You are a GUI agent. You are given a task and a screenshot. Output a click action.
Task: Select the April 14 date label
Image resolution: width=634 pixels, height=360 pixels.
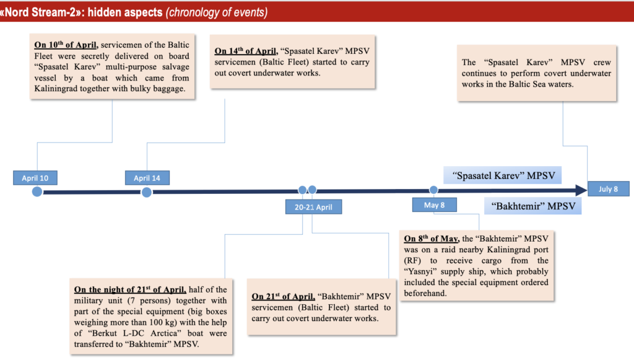click(x=147, y=178)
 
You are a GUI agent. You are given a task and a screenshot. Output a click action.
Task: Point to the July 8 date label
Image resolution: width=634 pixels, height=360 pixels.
click(x=608, y=189)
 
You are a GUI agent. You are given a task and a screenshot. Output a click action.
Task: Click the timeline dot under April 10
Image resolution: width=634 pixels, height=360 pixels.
click(x=37, y=192)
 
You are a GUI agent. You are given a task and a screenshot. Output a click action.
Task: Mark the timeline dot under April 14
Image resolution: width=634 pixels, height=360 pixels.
click(x=147, y=192)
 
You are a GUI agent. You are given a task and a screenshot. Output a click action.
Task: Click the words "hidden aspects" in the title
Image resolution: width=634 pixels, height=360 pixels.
click(x=126, y=11)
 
